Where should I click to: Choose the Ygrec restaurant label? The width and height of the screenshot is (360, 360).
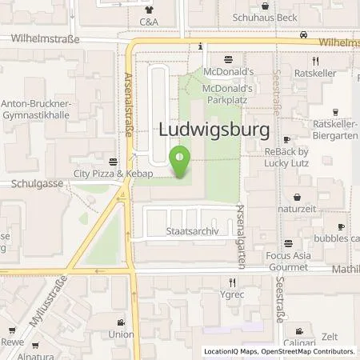point(232,294)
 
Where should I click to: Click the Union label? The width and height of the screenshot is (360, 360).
point(121,334)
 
